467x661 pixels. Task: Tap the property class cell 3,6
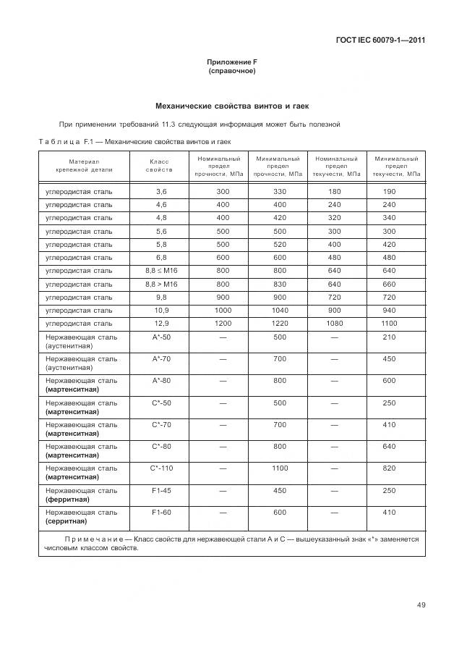160,191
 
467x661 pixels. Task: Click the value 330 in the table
278,191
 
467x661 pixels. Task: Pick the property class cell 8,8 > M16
160,284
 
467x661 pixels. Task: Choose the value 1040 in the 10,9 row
278,310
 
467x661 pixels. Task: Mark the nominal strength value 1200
222,323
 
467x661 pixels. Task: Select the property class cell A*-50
160,337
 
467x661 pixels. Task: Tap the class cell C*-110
162,468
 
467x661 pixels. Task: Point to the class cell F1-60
160,512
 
